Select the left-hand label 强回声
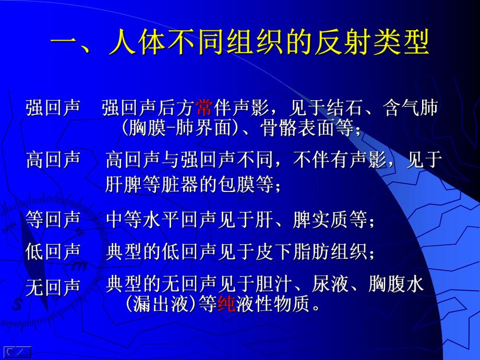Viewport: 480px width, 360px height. click(53, 108)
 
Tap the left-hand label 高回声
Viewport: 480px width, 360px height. click(53, 160)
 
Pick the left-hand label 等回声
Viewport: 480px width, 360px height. click(53, 220)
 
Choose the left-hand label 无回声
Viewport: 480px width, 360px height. click(53, 287)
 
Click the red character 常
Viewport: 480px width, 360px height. click(204, 108)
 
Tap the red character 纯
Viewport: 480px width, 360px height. click(226, 304)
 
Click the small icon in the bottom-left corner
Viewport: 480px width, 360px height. click(17, 352)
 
